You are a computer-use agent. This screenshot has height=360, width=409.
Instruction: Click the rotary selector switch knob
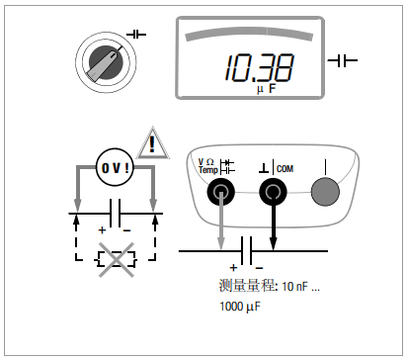(x=105, y=62)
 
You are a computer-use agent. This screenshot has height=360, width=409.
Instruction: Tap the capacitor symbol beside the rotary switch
(x=135, y=35)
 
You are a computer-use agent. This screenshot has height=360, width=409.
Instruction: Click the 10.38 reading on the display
(x=258, y=67)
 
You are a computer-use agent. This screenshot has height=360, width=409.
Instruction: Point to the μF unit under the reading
(x=266, y=89)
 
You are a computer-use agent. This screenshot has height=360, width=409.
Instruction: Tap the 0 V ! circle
(x=115, y=167)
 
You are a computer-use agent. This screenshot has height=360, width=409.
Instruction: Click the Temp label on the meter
(x=208, y=170)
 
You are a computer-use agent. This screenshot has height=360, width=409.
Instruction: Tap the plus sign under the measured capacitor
(x=234, y=268)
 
